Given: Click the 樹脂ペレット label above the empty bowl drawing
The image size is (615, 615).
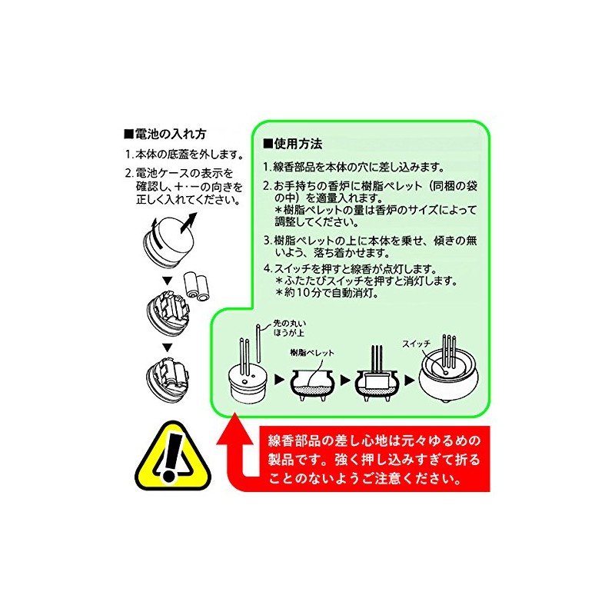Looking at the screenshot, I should [x=313, y=351].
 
